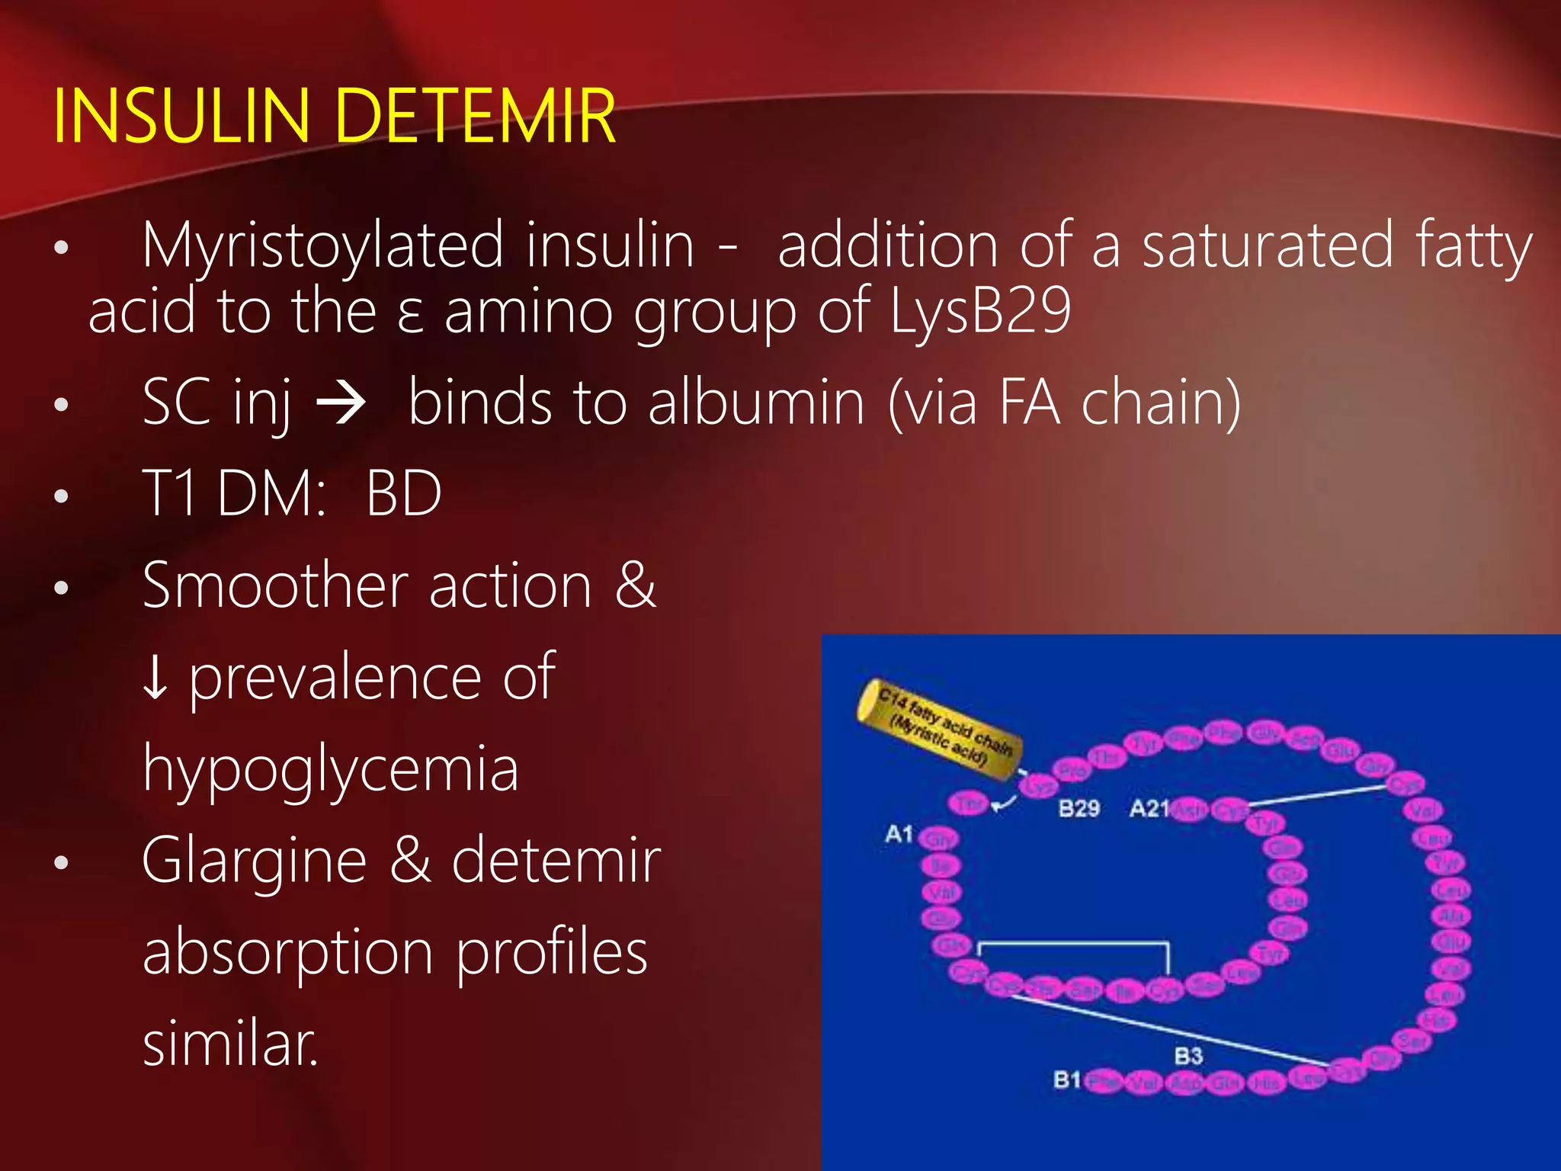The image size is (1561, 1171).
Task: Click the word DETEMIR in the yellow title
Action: (x=474, y=116)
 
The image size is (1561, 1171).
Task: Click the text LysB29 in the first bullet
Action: (x=981, y=311)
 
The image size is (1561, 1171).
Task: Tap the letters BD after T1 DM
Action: (x=403, y=493)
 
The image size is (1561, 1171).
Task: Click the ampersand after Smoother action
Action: (x=636, y=585)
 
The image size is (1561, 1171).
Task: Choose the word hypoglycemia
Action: (x=331, y=770)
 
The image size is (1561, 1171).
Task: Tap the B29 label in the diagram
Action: (x=1079, y=808)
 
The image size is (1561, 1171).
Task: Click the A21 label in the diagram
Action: (x=1149, y=808)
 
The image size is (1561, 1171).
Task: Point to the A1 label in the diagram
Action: (x=899, y=834)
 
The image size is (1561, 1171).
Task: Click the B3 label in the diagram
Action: (x=1188, y=1056)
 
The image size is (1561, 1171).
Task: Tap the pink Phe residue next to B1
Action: (x=1103, y=1081)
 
